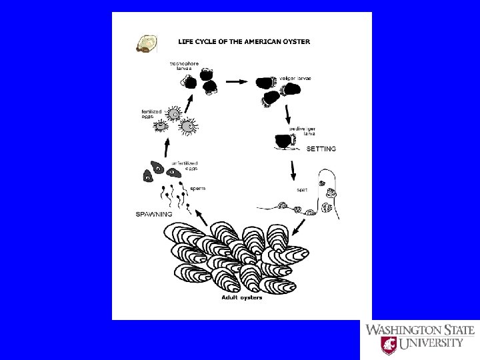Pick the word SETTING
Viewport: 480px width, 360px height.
point(321,149)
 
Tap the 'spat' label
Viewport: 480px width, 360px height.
point(302,190)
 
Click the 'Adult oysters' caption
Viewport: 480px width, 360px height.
point(242,297)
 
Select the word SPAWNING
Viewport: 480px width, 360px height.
point(154,215)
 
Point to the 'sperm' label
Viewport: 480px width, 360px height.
point(197,189)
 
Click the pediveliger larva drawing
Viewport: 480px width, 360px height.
point(286,142)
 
